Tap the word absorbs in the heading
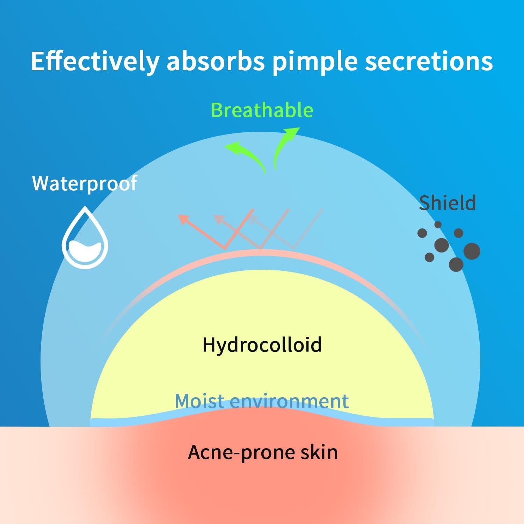pos(215,61)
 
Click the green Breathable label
pos(262,110)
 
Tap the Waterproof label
pos(85,183)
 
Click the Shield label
pos(447,203)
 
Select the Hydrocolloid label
pos(262,344)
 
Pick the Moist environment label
pos(262,401)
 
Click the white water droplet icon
pos(85,237)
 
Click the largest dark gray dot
pos(472,251)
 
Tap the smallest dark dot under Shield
pos(438,225)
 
